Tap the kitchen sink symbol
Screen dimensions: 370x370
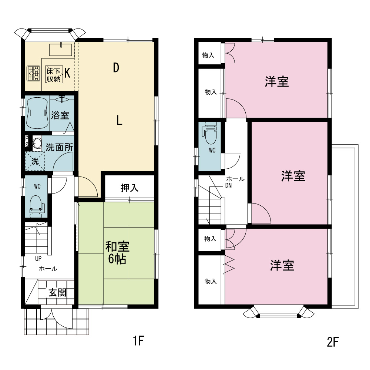tap(61, 50)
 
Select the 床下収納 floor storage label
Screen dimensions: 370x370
tap(54, 75)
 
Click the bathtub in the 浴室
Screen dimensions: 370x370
tap(37, 113)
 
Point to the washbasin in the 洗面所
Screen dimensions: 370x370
tap(36, 143)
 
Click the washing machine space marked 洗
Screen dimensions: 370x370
tap(35, 161)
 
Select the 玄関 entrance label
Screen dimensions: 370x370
tap(58, 293)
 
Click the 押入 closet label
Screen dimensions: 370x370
tap(129, 188)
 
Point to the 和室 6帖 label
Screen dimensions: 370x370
tap(117, 252)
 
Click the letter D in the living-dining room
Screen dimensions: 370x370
tap(116, 68)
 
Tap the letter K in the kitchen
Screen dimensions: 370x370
tap(67, 73)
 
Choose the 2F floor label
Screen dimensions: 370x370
tap(333, 342)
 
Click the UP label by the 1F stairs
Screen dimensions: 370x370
tap(38, 259)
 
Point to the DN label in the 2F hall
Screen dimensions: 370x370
tap(228, 185)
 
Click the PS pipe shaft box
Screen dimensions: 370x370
tap(27, 141)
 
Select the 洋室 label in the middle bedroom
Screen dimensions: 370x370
tap(293, 176)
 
